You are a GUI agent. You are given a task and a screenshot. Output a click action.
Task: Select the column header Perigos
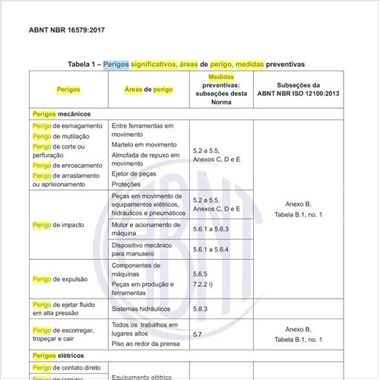(x=68, y=90)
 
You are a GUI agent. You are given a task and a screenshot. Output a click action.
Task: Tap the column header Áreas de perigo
(x=148, y=90)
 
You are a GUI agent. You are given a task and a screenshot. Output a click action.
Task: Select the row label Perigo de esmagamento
(x=67, y=125)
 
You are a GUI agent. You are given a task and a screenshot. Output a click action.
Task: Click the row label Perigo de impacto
(x=58, y=226)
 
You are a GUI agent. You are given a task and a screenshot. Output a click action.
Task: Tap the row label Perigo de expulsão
(x=61, y=279)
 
